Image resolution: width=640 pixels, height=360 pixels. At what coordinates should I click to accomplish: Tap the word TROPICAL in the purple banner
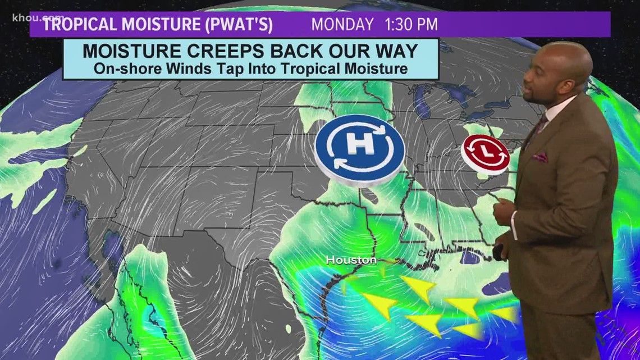[79, 25]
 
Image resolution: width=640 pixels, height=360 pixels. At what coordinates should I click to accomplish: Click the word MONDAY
[342, 25]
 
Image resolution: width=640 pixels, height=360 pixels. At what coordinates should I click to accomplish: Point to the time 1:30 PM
[410, 25]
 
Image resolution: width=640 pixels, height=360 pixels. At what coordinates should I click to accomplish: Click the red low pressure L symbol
[486, 152]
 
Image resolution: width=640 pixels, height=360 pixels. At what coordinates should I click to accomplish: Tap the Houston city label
[351, 260]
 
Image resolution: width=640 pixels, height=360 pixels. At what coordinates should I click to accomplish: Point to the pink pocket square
[540, 157]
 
